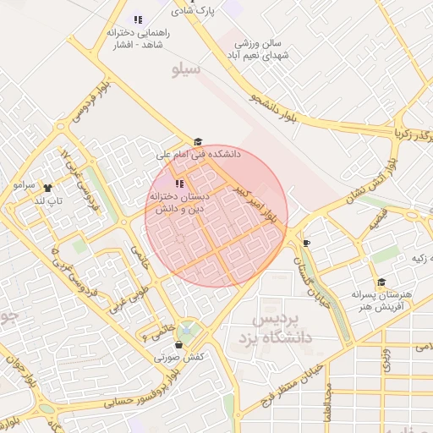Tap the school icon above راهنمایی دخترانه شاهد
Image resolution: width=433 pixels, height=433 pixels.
pos(138,19)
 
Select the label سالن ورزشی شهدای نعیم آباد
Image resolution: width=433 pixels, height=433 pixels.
pos(258,47)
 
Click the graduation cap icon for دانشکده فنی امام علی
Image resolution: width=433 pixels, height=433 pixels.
pos(198,142)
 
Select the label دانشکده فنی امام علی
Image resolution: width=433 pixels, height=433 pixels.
pos(200,155)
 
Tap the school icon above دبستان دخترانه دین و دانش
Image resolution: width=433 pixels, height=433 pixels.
pos(178,184)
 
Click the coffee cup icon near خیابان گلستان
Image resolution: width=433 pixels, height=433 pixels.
pos(306,244)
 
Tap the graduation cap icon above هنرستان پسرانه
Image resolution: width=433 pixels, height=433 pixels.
pos(381,282)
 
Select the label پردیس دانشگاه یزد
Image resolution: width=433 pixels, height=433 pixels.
pos(283,328)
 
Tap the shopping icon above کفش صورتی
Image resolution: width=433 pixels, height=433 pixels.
pos(178,344)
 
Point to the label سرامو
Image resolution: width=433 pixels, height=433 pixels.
pos(24,184)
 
